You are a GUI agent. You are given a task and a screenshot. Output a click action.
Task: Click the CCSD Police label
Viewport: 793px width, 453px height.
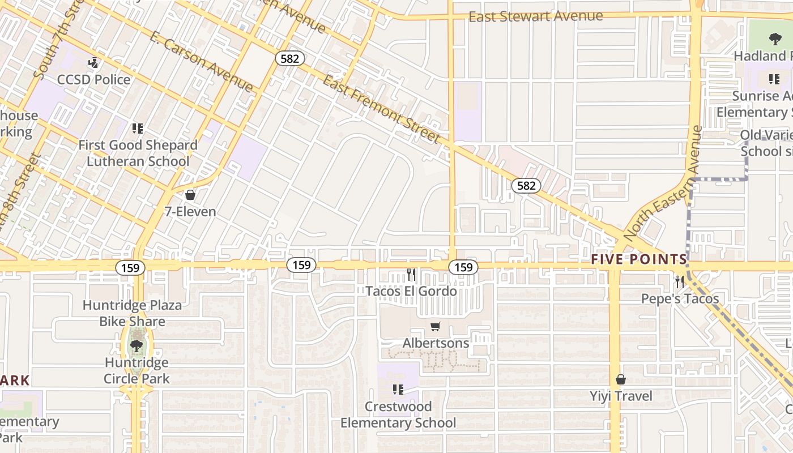[x=94, y=79]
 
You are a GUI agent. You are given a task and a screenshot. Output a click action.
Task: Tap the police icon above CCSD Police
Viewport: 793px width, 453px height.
[x=93, y=62]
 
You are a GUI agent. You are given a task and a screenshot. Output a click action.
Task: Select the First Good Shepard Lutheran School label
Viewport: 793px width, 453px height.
[x=138, y=153]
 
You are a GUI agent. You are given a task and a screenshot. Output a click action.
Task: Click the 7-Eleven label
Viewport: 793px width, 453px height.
[x=190, y=212]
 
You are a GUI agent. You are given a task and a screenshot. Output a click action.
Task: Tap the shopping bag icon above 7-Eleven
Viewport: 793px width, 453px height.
[x=190, y=195]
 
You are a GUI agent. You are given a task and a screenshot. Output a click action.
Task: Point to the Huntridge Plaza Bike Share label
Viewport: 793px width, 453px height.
[x=133, y=313]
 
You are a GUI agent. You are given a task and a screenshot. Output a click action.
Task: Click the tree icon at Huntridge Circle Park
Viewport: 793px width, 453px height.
[x=136, y=345]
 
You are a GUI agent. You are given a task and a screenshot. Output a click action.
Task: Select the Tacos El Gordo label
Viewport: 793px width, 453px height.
[x=411, y=291]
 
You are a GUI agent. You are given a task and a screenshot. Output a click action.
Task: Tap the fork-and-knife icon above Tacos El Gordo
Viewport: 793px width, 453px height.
[x=411, y=275]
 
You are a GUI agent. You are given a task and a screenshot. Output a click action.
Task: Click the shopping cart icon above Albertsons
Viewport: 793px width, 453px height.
[x=435, y=326]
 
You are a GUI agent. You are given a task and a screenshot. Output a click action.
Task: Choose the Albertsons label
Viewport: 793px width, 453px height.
[x=436, y=343]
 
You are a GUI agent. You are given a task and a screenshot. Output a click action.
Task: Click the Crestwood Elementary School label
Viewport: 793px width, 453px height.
[x=398, y=414]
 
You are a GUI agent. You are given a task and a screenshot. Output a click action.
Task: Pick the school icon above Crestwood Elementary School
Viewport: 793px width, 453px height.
[x=398, y=390]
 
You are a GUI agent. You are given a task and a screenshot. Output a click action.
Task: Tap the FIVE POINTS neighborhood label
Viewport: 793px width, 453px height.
[x=639, y=259]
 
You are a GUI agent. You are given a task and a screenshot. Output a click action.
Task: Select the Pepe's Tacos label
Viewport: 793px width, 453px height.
[x=680, y=298]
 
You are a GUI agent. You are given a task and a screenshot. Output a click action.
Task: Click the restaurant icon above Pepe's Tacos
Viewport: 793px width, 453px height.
[x=680, y=281]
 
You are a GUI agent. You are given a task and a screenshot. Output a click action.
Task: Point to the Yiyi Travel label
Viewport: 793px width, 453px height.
[x=621, y=396]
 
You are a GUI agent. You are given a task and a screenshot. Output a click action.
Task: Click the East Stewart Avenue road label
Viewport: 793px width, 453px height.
[x=535, y=16]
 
